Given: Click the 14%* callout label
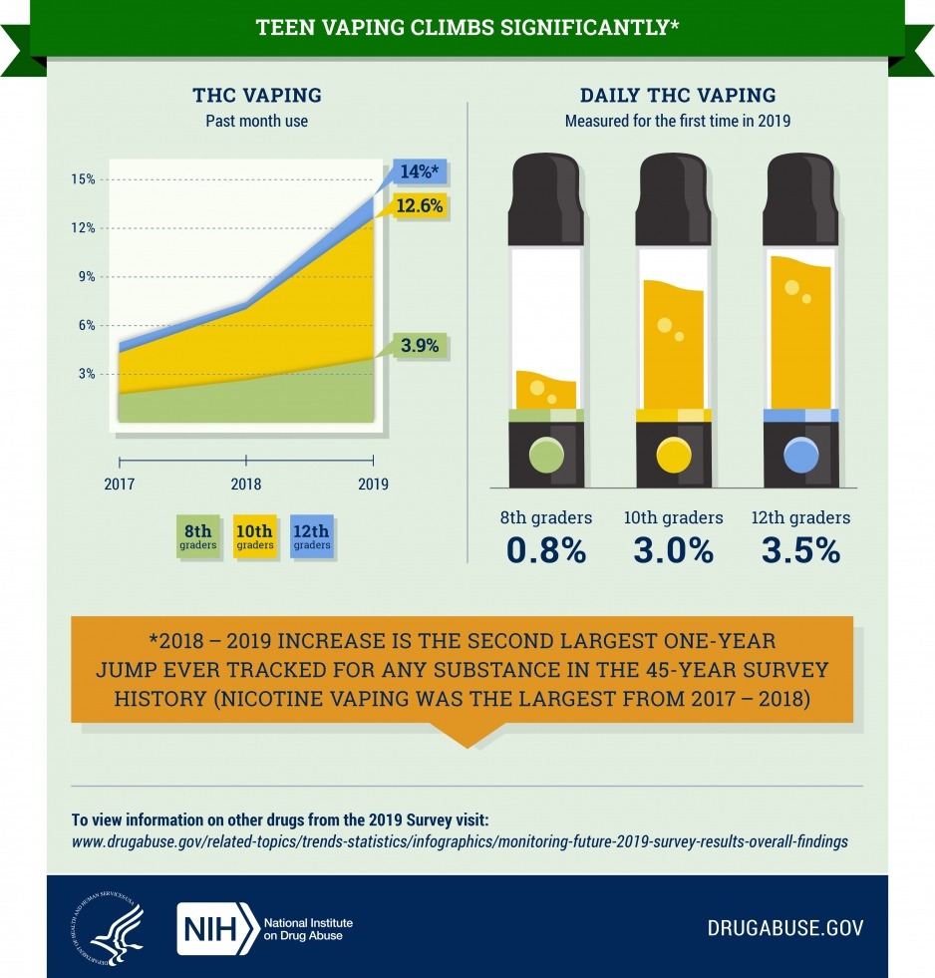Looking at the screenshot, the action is coord(420,170).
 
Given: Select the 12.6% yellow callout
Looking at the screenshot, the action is coord(420,205).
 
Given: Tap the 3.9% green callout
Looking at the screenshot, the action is coord(420,345).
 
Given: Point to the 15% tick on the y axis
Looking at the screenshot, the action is coord(83,179).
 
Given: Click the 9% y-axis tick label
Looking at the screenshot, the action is coord(87,276).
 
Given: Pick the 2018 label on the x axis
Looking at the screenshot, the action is coord(246,484).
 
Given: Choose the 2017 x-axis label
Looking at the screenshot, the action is coord(120,484).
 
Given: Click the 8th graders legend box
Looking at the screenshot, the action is coord(197,536).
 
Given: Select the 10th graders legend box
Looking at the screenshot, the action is coord(254,536).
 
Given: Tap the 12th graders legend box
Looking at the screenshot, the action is coord(311,536).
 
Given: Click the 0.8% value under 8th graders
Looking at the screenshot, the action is coord(546,550).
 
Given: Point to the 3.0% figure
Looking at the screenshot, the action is coord(674,550).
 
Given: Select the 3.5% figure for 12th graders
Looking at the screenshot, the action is coord(800,550).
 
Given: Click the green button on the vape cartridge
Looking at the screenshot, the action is coord(546,455).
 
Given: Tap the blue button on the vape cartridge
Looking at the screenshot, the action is coord(800,455).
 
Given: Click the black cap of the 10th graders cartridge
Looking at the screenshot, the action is coord(674,199).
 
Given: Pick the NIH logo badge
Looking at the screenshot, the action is coord(217,929).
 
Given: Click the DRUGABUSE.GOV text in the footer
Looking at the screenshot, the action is coord(785,928).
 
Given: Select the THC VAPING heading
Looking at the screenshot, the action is coord(257,96).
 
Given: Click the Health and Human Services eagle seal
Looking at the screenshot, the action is coord(108,929).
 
